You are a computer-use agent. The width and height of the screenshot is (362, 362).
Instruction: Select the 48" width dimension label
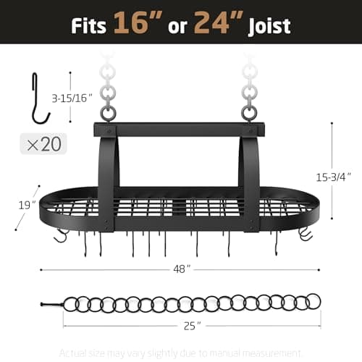pos(182,269)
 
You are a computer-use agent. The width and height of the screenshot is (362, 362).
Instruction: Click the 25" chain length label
pos(190,325)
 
